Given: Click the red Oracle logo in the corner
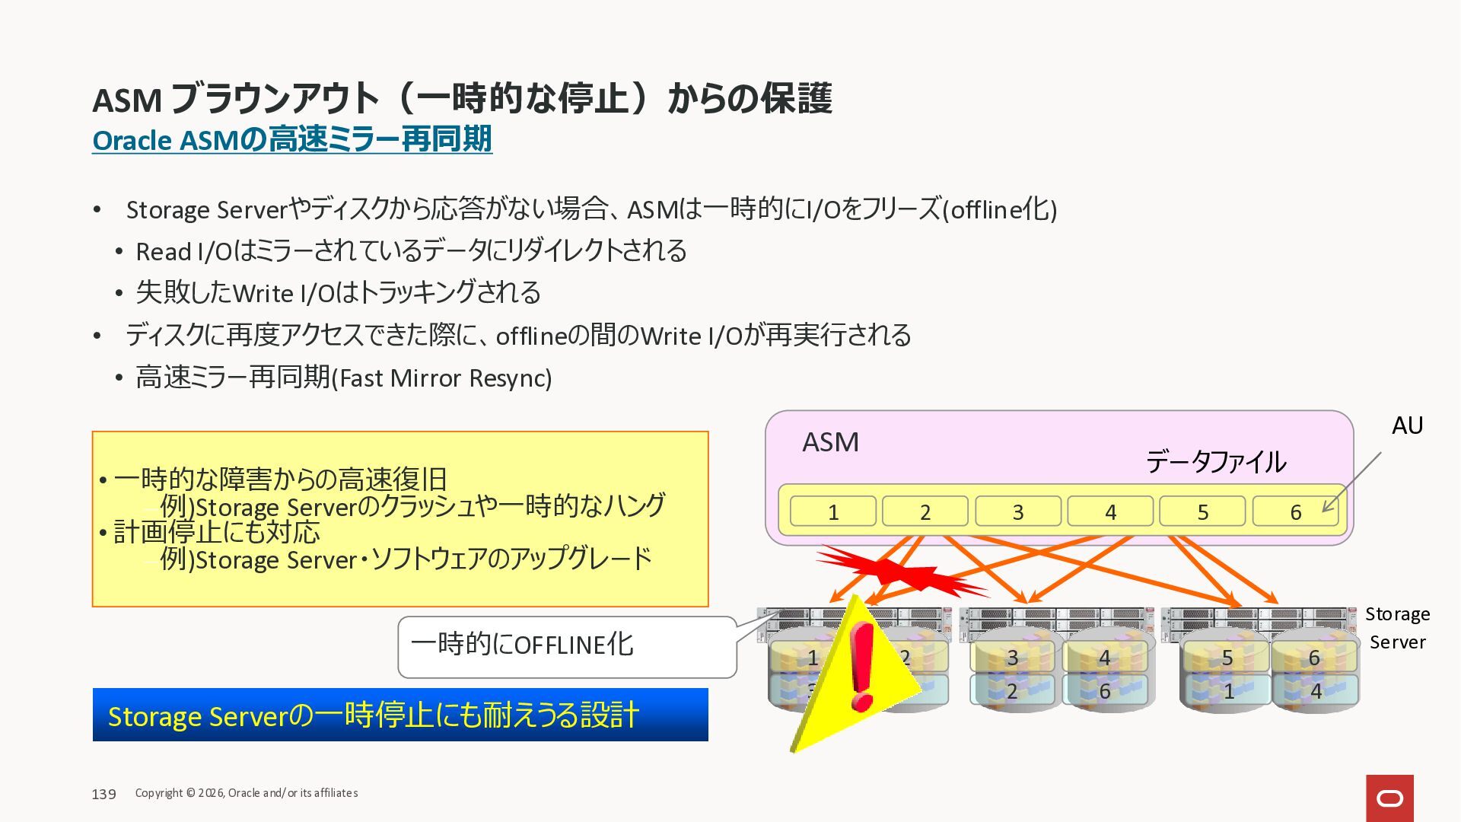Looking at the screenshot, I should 1389,798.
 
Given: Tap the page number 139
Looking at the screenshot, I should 103,794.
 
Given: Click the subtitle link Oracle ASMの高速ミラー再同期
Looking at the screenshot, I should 292,140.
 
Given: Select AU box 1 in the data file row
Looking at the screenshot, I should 833,511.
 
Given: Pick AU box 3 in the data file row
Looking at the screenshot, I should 1018,511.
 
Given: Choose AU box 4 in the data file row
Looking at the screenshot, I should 1110,511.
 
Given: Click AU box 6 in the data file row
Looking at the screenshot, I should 1295,511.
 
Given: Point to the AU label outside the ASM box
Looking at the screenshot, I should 1407,425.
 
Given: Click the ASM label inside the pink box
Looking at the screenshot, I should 830,442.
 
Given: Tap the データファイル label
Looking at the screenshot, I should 1215,462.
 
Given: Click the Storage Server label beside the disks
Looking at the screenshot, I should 1397,627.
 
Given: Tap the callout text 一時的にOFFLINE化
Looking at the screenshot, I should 522,645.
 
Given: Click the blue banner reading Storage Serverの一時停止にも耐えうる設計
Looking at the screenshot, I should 400,715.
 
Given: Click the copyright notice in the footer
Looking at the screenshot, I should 247,793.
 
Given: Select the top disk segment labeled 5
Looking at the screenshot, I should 1227,658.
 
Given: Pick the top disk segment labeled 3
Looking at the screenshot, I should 1012,658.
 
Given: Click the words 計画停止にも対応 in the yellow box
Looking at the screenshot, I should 217,532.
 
